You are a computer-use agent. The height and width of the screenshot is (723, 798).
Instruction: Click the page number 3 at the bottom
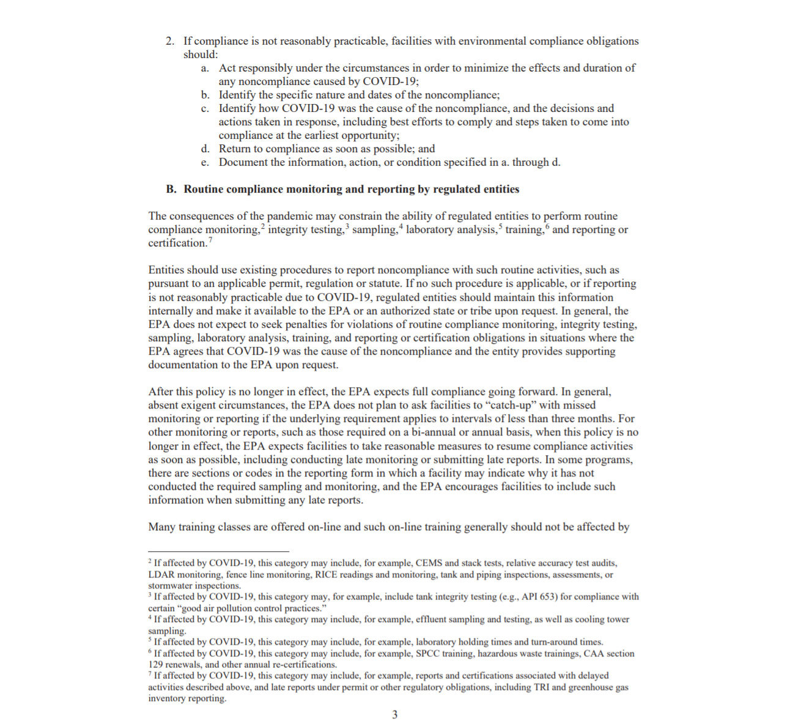click(x=394, y=714)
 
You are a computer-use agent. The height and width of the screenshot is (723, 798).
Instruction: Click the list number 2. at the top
click(x=170, y=41)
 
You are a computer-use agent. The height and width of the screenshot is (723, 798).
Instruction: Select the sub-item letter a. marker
click(x=205, y=68)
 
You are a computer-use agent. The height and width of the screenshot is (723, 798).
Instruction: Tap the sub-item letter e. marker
click(x=205, y=162)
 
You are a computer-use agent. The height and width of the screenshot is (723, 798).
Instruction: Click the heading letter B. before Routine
click(x=171, y=189)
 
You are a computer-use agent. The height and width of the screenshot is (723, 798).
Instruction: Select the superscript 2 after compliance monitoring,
click(x=263, y=227)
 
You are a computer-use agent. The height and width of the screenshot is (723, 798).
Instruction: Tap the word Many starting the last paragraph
click(x=161, y=527)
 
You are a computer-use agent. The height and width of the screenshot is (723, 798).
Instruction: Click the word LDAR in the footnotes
click(x=161, y=574)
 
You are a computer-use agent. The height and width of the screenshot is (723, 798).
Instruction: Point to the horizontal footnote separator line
click(x=218, y=551)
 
